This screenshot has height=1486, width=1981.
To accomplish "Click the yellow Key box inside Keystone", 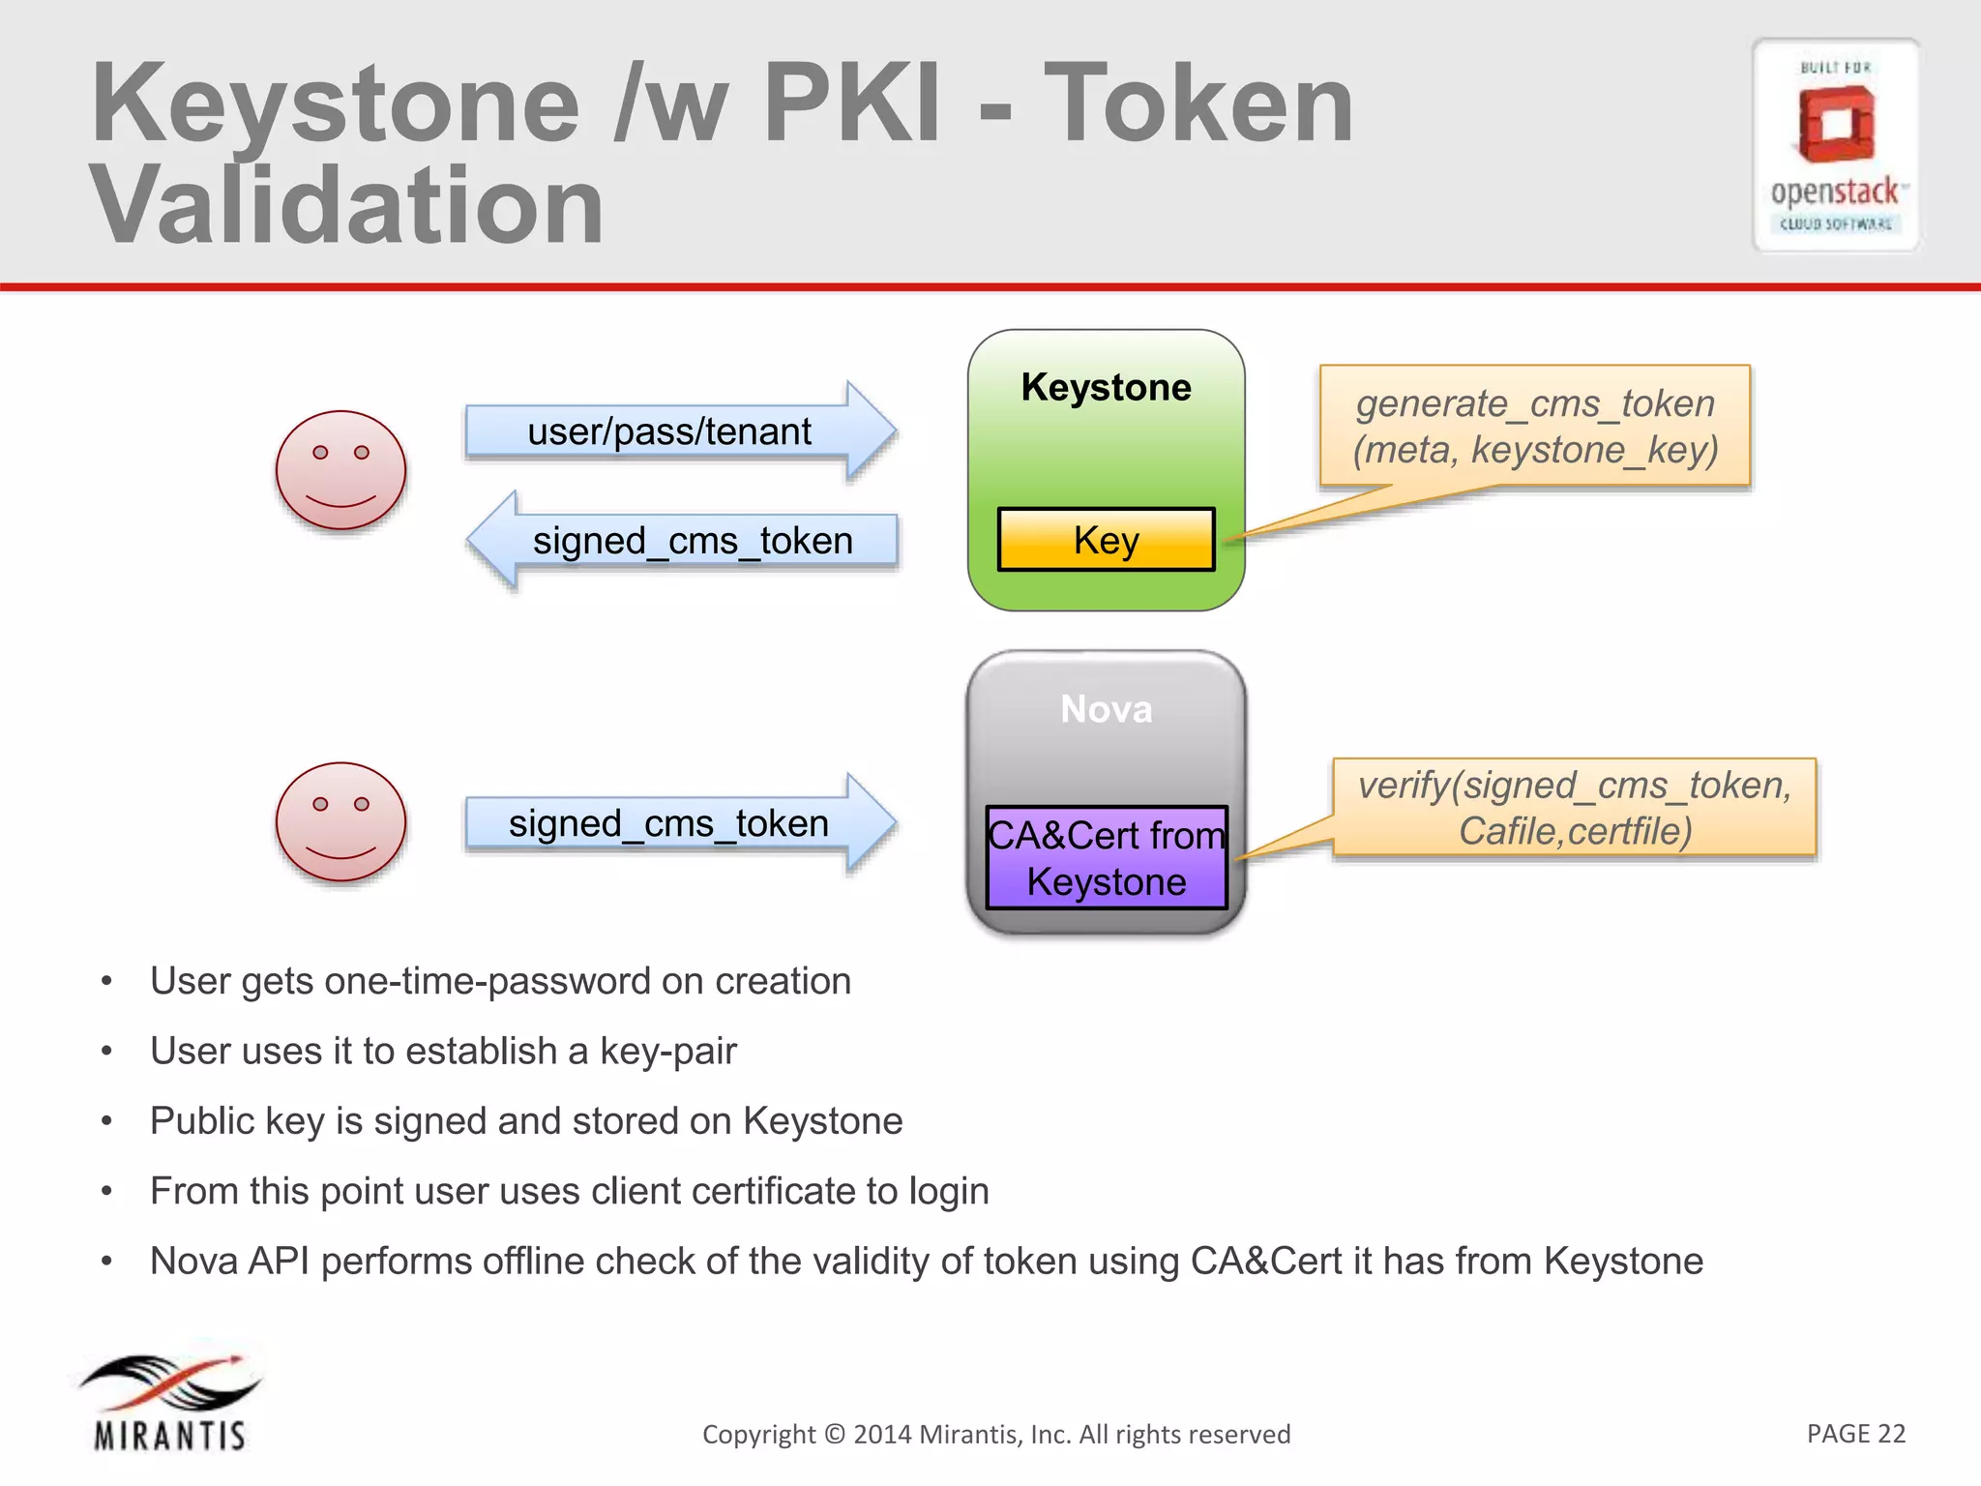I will click(1106, 540).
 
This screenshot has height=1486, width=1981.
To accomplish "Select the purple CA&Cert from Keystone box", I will click(1106, 858).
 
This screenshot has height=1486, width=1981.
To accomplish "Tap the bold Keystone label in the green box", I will click(1106, 387).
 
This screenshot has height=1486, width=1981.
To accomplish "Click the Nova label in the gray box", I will click(1106, 709).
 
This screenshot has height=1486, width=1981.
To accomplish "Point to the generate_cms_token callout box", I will click(1535, 426).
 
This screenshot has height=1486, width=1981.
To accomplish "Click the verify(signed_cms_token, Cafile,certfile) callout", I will click(1575, 808).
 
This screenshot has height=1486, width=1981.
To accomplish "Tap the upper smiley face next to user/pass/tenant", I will click(340, 470).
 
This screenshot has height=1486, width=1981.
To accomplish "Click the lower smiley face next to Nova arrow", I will click(340, 821).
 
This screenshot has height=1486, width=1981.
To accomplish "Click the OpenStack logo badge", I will click(1835, 145).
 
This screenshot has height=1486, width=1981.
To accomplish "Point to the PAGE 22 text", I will click(1855, 1433).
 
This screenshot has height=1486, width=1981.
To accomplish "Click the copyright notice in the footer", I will click(996, 1434).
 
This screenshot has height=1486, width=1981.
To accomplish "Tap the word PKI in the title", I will click(851, 103).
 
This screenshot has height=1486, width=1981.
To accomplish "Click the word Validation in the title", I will click(346, 205).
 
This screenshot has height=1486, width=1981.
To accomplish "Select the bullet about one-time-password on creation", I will click(500, 981).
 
